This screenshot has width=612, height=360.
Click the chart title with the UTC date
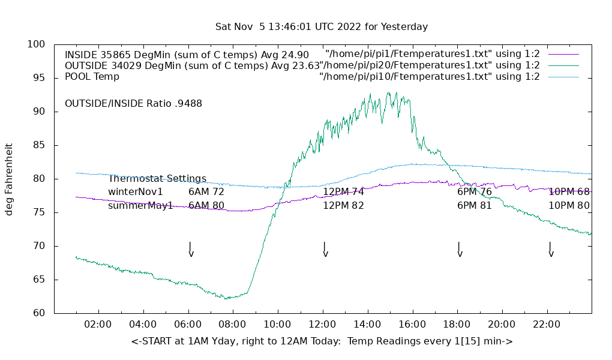pyautogui.click(x=322, y=27)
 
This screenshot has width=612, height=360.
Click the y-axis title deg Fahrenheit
pyautogui.click(x=9, y=179)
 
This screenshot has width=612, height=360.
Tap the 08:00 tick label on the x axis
pyautogui.click(x=232, y=325)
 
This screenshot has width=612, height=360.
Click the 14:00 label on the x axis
pyautogui.click(x=367, y=325)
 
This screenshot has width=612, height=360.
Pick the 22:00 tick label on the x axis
pyautogui.click(x=546, y=325)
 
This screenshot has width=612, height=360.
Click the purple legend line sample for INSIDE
pyautogui.click(x=563, y=54)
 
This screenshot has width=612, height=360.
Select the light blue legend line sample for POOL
pyautogui.click(x=563, y=77)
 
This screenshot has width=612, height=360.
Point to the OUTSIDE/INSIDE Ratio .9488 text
pyautogui.click(x=133, y=103)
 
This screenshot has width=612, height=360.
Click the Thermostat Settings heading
pyautogui.click(x=157, y=179)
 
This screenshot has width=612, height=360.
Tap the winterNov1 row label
pyautogui.click(x=136, y=192)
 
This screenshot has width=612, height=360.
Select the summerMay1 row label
pyautogui.click(x=140, y=206)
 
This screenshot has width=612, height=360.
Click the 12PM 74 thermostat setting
pyautogui.click(x=343, y=192)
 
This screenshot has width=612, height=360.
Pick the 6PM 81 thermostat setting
pyautogui.click(x=475, y=206)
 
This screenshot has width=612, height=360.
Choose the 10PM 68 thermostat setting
pyautogui.click(x=569, y=192)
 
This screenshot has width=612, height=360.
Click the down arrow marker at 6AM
pyautogui.click(x=190, y=250)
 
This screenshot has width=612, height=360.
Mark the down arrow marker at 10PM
pyautogui.click(x=550, y=250)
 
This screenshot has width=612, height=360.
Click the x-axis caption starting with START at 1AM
pyautogui.click(x=322, y=341)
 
